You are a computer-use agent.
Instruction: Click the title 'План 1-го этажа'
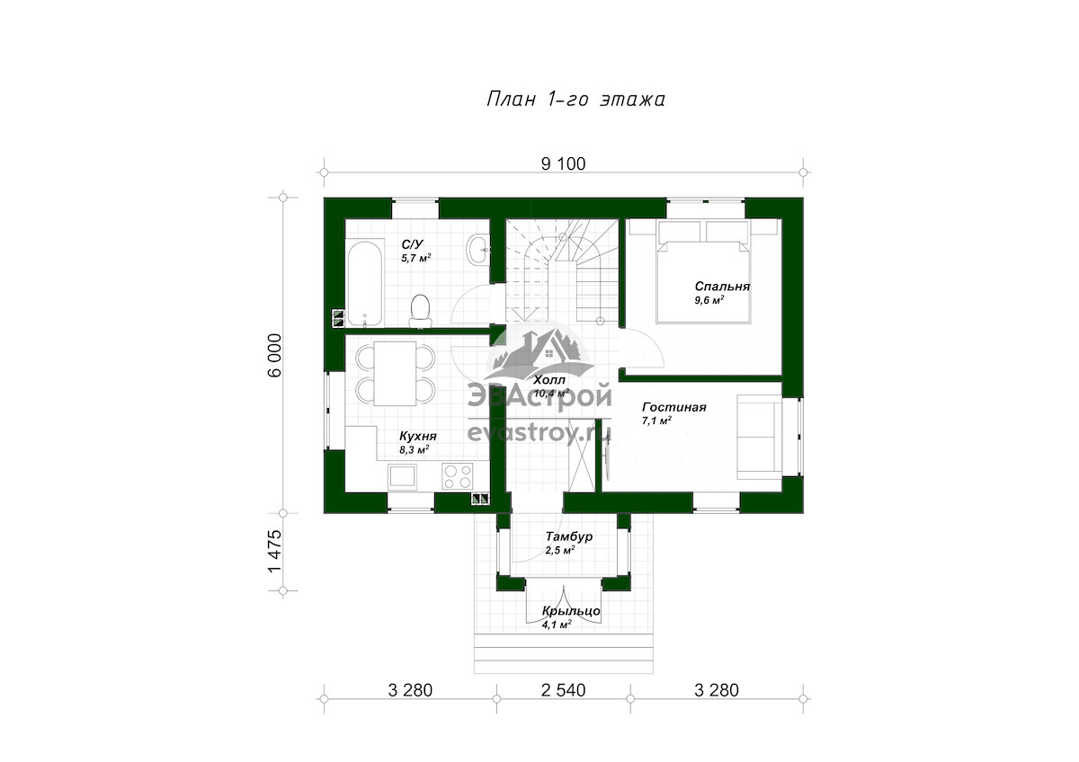coord(575,99)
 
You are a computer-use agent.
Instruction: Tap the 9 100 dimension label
coord(563,164)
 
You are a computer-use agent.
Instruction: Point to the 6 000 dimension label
coord(274,355)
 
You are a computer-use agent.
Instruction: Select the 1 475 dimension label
coord(274,552)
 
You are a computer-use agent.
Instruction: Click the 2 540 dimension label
coord(563,690)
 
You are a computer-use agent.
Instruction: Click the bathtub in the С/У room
coord(365,283)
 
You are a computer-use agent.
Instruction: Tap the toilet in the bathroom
coord(421,311)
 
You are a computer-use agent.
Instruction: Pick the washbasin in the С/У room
coord(478,249)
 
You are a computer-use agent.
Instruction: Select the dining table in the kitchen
coord(396,374)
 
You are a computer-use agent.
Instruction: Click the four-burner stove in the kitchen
coord(458,476)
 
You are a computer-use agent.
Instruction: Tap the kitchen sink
coord(402,476)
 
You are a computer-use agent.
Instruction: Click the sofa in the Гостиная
coord(759,437)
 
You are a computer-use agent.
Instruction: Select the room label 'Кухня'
coord(417,437)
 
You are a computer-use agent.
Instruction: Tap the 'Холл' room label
coord(549,380)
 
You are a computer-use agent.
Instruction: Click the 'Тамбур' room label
coord(569,536)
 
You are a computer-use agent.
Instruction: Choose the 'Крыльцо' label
coord(571,611)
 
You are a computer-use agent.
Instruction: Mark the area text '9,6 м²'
coord(709,300)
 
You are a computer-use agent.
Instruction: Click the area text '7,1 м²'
coord(657,421)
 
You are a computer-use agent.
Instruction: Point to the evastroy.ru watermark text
coord(539,433)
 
